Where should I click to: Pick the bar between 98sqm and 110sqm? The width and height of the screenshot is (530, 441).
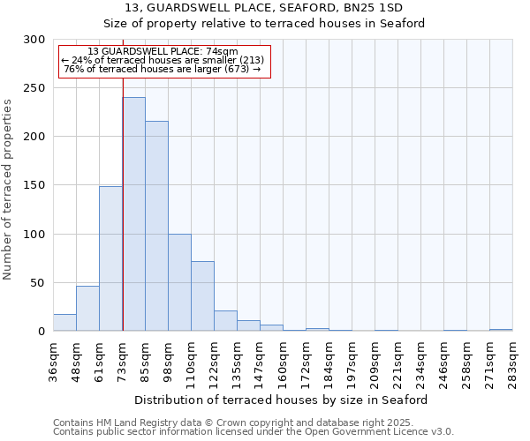[x=179, y=282]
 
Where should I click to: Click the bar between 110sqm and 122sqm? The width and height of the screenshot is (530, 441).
[x=202, y=295]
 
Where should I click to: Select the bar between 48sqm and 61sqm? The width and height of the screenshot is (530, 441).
[x=87, y=309]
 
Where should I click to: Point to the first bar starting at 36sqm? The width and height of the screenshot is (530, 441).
[x=64, y=323]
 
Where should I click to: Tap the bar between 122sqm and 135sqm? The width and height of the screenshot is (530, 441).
[x=225, y=321]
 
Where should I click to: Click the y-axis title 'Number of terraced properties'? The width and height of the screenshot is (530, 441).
[x=8, y=189]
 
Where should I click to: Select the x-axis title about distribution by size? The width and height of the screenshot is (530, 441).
[x=283, y=400]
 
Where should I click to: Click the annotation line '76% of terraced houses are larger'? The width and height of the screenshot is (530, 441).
[x=163, y=69]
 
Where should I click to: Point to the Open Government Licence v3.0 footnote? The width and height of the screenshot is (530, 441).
[x=254, y=431]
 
